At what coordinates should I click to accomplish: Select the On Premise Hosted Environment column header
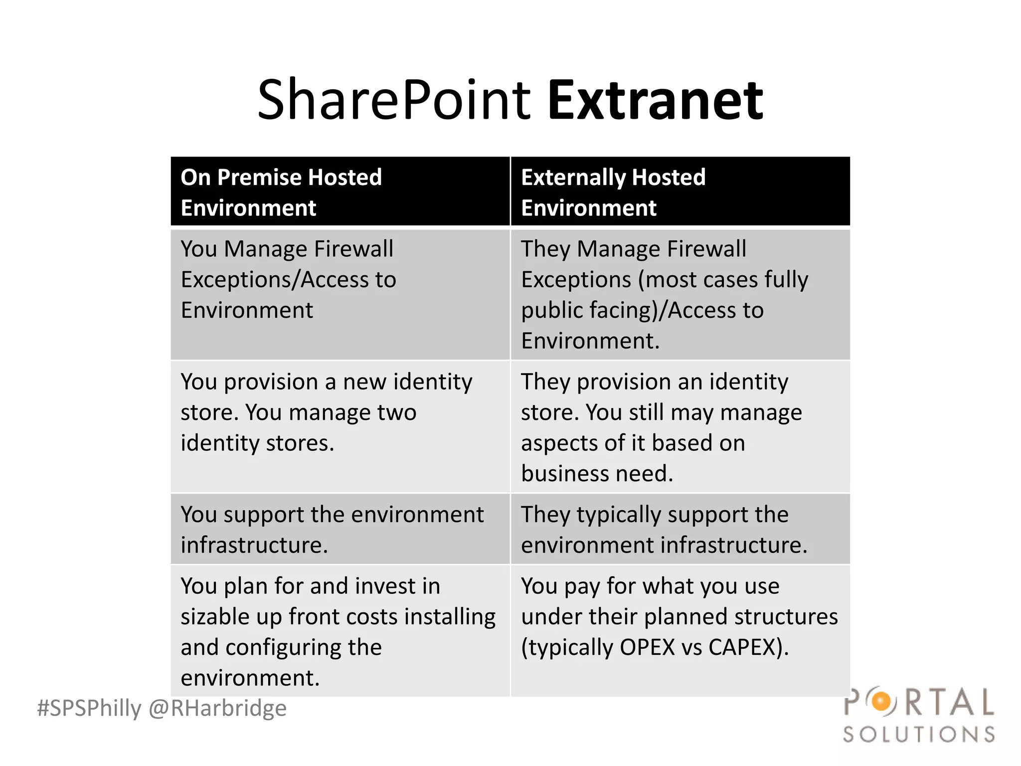[x=340, y=192]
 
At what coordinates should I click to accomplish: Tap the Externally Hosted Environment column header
[x=680, y=192]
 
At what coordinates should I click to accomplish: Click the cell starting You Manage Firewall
[x=340, y=294]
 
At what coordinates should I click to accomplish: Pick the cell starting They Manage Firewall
[x=680, y=294]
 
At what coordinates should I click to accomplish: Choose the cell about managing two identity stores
[x=340, y=426]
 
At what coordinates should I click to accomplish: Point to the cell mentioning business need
[x=680, y=426]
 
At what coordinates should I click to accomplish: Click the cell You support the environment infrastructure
[x=340, y=529]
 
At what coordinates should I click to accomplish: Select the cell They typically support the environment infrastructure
[x=680, y=529]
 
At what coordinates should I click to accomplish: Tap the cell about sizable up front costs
[x=340, y=630]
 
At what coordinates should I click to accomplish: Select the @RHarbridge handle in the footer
[x=218, y=709]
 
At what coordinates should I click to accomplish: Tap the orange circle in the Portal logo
[x=881, y=702]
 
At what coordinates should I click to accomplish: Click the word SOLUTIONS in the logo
[x=919, y=735]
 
